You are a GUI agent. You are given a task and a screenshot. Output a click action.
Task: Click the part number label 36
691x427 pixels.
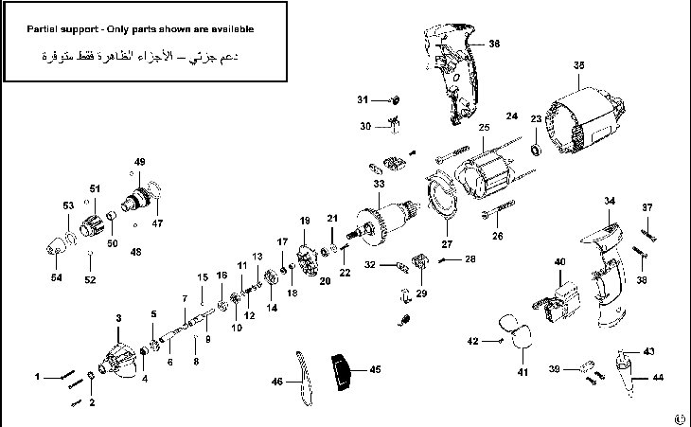(x=493, y=44)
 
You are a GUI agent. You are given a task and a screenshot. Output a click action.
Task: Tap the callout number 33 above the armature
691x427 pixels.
(x=379, y=184)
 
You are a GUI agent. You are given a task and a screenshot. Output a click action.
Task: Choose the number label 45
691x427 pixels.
(x=375, y=368)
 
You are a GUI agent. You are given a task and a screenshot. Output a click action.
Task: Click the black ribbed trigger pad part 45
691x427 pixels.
(x=341, y=372)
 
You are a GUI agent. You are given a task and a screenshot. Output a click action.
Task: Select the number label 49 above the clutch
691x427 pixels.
(x=140, y=162)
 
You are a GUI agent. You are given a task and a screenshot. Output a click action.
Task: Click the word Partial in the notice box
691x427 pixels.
(x=44, y=28)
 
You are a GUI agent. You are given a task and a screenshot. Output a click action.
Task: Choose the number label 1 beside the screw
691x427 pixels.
(x=39, y=377)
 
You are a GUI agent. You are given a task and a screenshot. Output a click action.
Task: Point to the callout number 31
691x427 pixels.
(x=362, y=98)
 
